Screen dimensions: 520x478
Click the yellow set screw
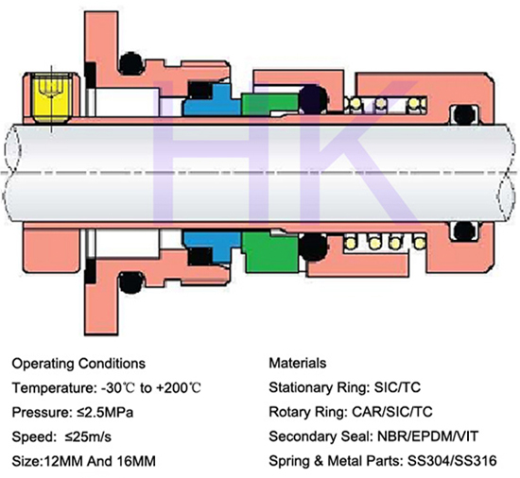[x=51, y=96]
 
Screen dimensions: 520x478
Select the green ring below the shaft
[x=270, y=252]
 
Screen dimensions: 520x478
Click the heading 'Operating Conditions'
[x=78, y=364]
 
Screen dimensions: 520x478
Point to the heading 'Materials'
[x=298, y=363]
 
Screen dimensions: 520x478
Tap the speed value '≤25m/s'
[x=88, y=437]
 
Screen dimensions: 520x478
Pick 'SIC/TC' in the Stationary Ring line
[x=397, y=387]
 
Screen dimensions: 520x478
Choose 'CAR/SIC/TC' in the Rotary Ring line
[x=392, y=412]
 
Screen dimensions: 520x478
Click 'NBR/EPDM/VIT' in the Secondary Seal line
[x=427, y=436]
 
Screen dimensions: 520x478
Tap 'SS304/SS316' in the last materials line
[x=452, y=461]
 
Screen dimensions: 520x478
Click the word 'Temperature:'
[x=54, y=388]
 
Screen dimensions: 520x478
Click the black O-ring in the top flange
[x=131, y=63]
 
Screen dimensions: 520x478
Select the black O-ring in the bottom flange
[x=131, y=282]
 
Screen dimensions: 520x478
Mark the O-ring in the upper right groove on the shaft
[x=464, y=114]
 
